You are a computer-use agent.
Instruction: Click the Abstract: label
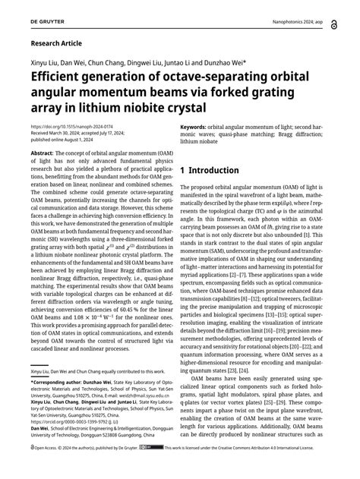click(43, 153)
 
